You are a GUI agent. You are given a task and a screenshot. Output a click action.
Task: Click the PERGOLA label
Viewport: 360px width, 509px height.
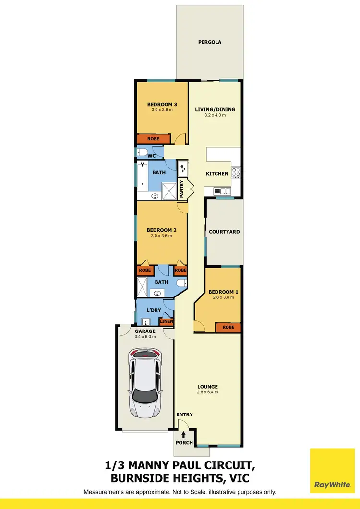coord(210,42)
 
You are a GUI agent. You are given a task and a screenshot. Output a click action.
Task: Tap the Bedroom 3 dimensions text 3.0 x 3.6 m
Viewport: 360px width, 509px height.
coord(160,110)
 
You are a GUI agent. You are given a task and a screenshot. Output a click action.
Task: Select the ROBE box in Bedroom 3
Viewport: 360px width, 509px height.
coord(153,139)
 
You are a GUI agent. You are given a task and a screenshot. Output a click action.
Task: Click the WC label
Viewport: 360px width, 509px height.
coord(151,156)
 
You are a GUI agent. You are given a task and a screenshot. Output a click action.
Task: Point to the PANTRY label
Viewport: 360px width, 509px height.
coord(182,189)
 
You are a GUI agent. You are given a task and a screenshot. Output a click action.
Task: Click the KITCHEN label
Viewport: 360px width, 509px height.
coord(217,174)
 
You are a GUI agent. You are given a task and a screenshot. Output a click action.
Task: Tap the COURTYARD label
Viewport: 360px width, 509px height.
coord(224,232)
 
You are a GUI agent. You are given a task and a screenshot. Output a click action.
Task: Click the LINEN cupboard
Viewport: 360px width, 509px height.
coord(166,321)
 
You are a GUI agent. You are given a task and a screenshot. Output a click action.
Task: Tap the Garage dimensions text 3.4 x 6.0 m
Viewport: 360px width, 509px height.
coord(144,337)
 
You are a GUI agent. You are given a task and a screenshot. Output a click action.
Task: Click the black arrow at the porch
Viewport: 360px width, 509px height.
coord(185,434)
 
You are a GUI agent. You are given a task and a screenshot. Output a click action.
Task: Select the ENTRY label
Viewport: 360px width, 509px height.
coord(184,414)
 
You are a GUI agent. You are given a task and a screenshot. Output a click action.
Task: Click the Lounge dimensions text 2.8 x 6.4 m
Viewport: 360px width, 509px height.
coord(207,392)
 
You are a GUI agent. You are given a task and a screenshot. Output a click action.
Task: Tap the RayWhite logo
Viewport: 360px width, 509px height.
coord(332,471)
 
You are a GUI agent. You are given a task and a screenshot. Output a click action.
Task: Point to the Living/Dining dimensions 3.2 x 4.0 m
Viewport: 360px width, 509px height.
coord(215,115)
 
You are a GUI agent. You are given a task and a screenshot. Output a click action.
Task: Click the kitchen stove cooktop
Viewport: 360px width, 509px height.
coord(236,172)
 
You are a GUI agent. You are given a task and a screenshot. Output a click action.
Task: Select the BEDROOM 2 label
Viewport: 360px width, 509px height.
coord(161,230)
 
